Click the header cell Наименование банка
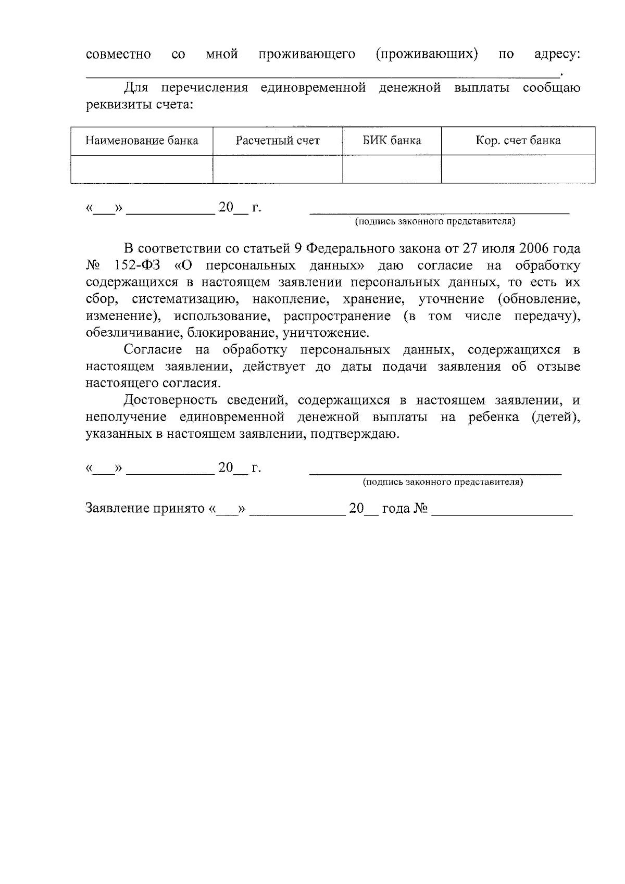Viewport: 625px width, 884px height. tap(142, 141)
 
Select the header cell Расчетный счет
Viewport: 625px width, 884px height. tap(278, 141)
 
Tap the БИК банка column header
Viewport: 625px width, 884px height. tap(392, 141)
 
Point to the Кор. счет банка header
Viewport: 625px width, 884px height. tap(518, 141)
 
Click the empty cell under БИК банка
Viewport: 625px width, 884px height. tap(392, 169)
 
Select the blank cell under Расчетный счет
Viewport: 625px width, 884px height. tap(278, 169)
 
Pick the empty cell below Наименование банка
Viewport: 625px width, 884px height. tap(142, 169)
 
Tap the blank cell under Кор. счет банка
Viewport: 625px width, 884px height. tap(518, 169)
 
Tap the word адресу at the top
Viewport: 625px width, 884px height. tap(557, 54)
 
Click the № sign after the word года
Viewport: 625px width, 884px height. tap(421, 509)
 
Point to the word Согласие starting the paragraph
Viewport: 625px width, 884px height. tap(153, 350)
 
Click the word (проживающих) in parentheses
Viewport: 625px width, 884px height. tap(427, 54)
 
